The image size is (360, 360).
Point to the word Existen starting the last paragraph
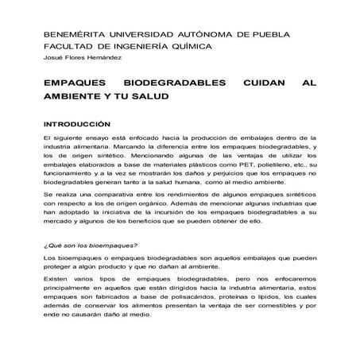point(57,281)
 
